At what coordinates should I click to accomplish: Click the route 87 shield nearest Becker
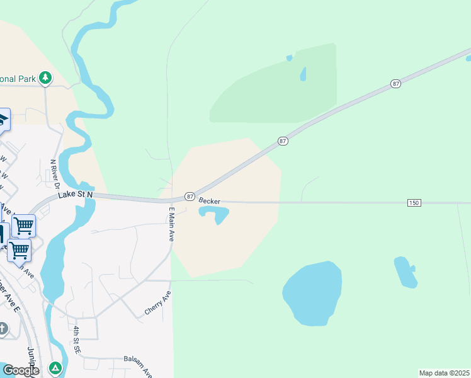click(190, 197)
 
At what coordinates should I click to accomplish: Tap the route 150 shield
click(414, 202)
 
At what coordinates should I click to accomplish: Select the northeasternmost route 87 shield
click(395, 84)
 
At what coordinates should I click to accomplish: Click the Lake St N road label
click(76, 195)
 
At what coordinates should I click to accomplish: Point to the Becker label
click(210, 201)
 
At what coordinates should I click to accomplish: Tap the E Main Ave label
click(171, 225)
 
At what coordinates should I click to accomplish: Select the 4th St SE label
click(76, 339)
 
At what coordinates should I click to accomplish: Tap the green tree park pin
click(45, 77)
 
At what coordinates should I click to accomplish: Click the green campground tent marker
click(55, 367)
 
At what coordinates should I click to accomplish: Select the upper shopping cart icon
click(23, 225)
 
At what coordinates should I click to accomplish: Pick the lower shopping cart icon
click(19, 249)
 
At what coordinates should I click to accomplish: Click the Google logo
click(20, 370)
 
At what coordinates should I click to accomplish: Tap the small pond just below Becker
click(215, 215)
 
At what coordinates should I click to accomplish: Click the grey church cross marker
click(3, 328)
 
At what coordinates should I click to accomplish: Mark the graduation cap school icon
click(3, 120)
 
